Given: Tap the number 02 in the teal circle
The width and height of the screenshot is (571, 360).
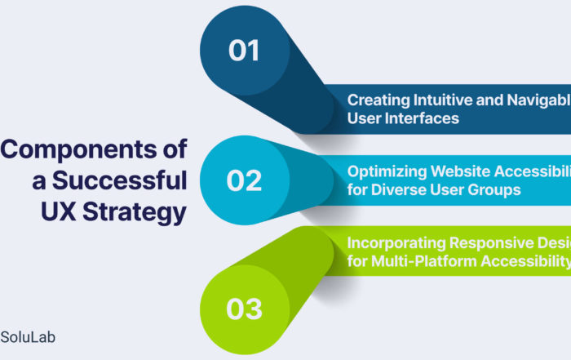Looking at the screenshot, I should [244, 180].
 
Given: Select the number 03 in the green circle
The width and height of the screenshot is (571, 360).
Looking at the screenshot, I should [245, 309].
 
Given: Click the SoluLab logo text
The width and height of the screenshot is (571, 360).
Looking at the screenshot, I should [28, 336].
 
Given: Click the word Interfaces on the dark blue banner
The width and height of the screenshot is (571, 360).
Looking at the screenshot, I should [423, 118].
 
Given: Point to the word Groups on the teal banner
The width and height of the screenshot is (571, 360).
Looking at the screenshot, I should [492, 189].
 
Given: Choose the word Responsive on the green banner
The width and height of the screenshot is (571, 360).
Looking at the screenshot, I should [492, 242].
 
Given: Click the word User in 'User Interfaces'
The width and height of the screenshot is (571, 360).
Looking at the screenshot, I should [364, 118].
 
